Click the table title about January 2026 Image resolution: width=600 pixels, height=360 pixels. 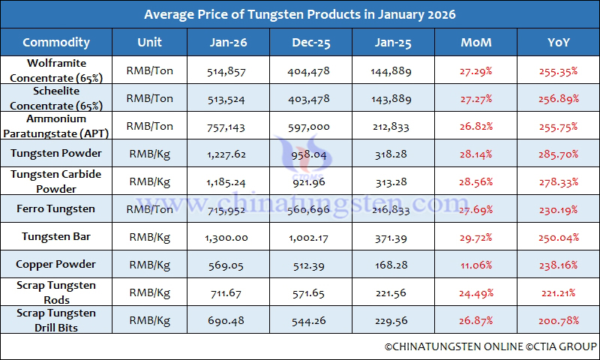[x=299, y=14]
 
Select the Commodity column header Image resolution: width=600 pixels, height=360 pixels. [x=56, y=42]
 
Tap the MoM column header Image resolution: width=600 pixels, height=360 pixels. [x=476, y=42]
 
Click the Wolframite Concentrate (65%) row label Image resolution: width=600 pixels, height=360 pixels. [x=56, y=69]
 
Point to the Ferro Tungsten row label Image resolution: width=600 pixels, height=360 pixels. [x=56, y=208]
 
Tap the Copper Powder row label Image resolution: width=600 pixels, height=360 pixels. [x=56, y=265]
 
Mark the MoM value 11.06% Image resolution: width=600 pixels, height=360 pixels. [x=476, y=265]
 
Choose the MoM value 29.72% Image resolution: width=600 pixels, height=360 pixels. [x=476, y=237]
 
